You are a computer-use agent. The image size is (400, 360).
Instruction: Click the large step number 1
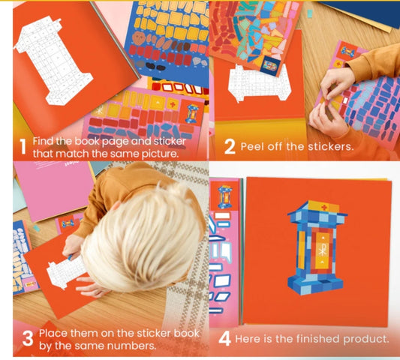click(x=23, y=146)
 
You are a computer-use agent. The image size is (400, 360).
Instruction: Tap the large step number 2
click(x=230, y=147)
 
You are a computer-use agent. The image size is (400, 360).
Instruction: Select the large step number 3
click(x=28, y=338)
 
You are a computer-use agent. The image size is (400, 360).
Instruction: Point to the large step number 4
click(x=224, y=339)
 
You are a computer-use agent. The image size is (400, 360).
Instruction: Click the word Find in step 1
click(x=42, y=141)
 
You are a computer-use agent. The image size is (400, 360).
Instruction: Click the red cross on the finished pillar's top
click(x=324, y=207)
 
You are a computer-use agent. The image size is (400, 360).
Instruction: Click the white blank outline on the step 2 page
click(x=259, y=82)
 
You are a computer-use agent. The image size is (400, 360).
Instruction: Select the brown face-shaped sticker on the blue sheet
click(x=139, y=38)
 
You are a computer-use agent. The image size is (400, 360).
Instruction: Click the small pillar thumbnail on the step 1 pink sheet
click(x=192, y=114)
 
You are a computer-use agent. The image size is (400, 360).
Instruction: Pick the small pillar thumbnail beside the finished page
click(x=224, y=197)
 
